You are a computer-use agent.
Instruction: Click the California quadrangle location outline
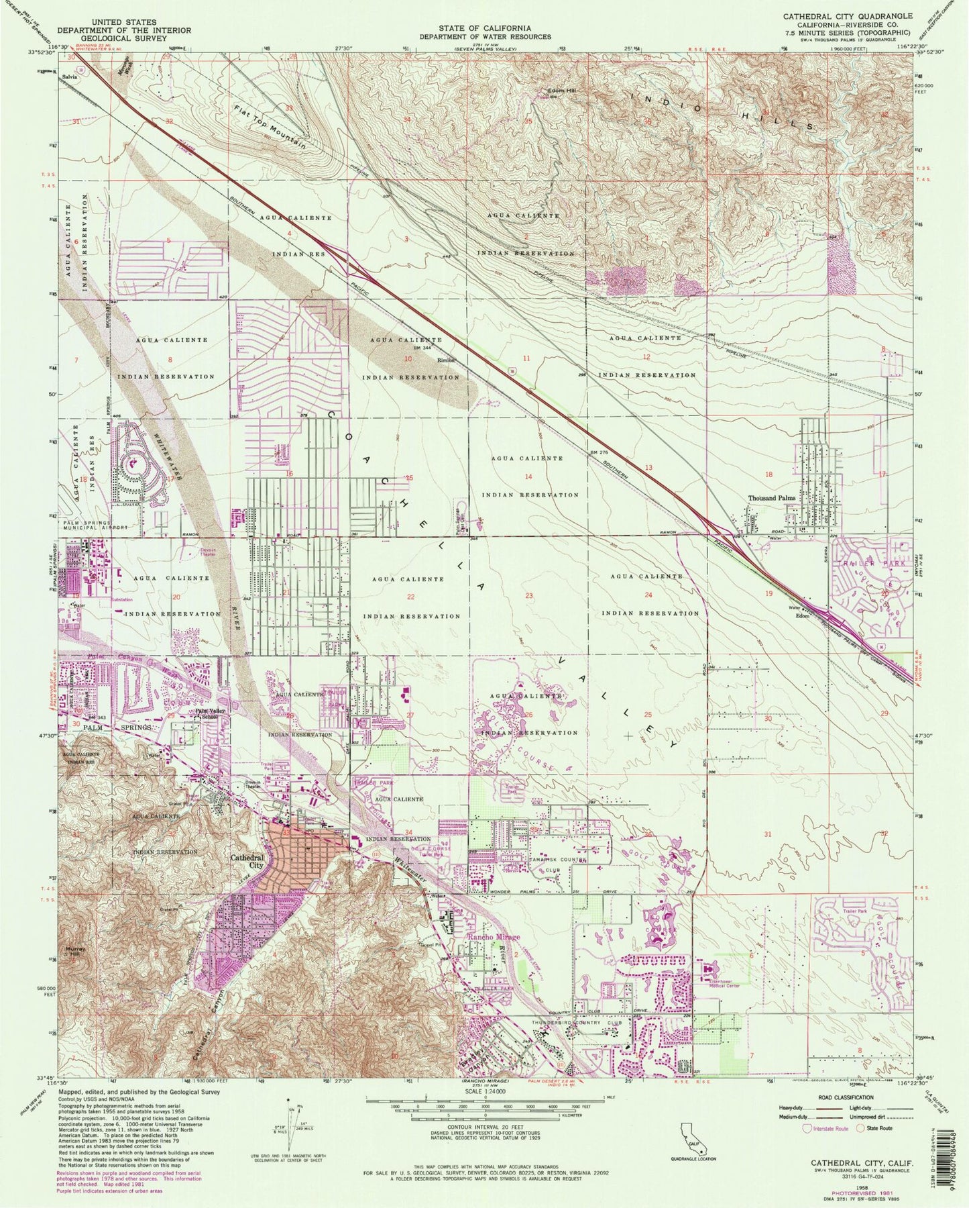689,1144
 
